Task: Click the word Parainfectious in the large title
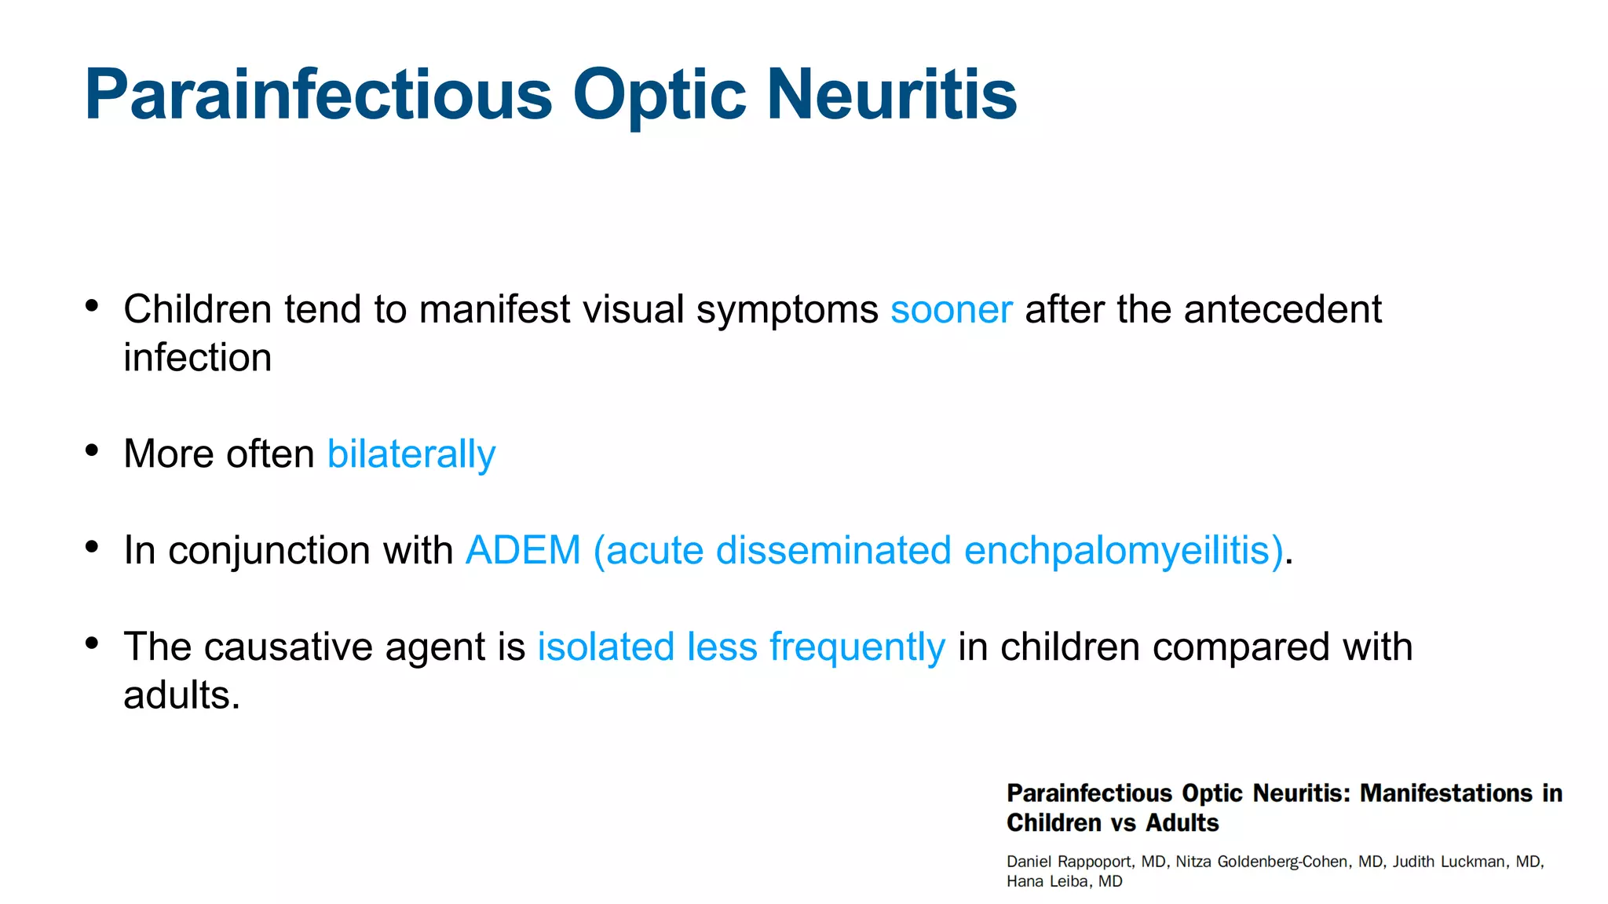click(318, 95)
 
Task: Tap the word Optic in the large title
click(659, 95)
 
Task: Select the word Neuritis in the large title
click(891, 95)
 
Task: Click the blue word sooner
click(951, 310)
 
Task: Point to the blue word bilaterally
click(411, 454)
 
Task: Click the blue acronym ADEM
click(523, 550)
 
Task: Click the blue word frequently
click(857, 648)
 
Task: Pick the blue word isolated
click(605, 647)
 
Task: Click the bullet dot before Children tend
click(92, 305)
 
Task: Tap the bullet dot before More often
click(92, 450)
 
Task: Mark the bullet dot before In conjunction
click(92, 546)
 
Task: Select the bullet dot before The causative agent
click(92, 643)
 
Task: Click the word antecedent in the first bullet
click(1282, 309)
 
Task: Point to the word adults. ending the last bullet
click(181, 695)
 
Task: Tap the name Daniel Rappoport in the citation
click(1069, 862)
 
